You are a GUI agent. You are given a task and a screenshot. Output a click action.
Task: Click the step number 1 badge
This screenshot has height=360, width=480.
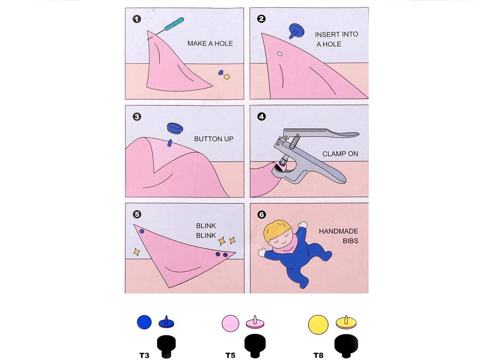point(137,19)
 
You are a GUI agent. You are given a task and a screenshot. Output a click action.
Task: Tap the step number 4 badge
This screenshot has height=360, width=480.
point(262,117)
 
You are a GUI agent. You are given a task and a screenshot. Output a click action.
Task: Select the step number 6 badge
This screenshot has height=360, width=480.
point(262,215)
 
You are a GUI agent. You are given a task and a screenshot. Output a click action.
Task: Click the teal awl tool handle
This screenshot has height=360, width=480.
point(174,24)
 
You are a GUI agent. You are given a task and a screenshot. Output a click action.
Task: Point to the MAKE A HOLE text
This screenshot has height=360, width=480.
point(210,44)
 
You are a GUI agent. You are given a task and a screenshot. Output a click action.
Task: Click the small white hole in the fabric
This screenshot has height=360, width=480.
point(280,54)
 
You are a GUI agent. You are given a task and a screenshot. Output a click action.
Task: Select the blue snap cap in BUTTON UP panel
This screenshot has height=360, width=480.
point(175,128)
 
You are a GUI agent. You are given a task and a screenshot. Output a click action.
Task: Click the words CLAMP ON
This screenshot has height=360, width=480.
point(340,154)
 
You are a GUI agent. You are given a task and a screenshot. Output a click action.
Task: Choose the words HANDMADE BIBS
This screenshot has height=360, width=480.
point(338,236)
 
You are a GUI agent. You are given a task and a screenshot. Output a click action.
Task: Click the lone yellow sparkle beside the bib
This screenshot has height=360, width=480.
point(136,252)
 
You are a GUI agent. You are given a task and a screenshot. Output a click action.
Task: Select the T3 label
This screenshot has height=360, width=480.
point(144,355)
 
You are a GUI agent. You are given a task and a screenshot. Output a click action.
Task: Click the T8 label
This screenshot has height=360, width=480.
point(318,355)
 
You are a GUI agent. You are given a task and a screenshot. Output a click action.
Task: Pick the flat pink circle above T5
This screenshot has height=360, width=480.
point(230,323)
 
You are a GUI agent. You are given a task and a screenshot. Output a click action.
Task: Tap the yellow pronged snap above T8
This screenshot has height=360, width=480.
point(346,322)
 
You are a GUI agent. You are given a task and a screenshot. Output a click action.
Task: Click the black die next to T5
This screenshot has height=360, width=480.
point(255,345)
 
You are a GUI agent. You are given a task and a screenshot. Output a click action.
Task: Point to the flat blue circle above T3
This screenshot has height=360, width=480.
point(144,322)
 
